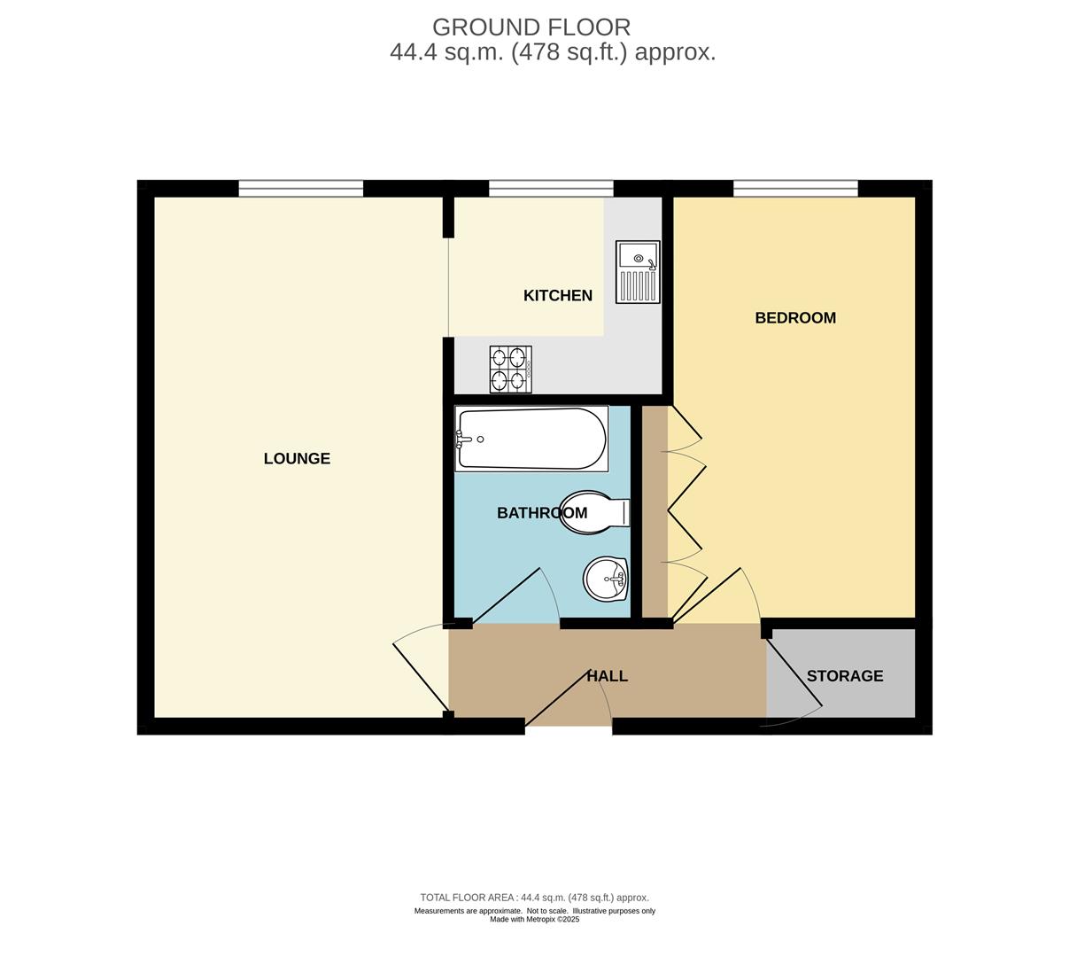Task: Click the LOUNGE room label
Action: pos(297,458)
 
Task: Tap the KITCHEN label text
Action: pos(557,295)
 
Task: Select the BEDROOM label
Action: pos(794,317)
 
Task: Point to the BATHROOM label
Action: pos(541,512)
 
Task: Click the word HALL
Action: pos(607,676)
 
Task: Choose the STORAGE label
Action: pos(844,676)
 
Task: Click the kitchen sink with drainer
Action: pos(638,272)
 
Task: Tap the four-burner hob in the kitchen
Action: pos(510,370)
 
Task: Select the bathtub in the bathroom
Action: pos(531,439)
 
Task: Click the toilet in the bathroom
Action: pos(594,512)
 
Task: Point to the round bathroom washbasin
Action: pos(606,579)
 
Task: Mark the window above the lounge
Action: pos(301,188)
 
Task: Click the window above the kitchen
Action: pos(551,188)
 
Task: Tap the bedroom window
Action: pos(795,188)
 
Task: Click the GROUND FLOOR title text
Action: pos(531,27)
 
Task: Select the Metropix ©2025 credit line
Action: pos(535,920)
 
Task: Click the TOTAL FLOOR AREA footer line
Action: pos(534,897)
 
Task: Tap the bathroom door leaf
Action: pos(507,595)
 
